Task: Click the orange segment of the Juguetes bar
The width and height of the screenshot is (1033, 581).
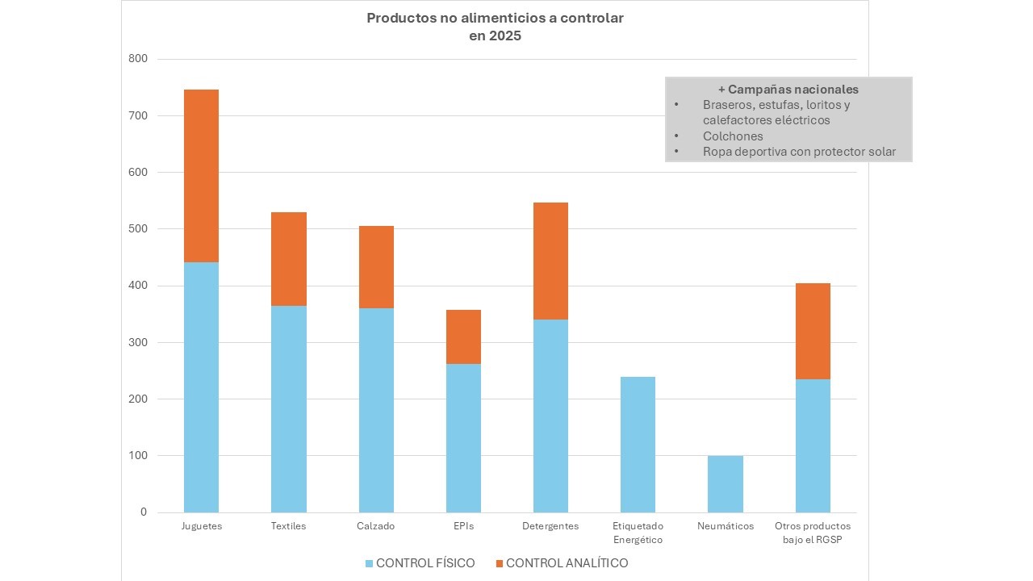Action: point(201,176)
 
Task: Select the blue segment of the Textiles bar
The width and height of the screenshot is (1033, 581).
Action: point(288,408)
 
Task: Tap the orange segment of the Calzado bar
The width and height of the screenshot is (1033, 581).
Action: point(376,267)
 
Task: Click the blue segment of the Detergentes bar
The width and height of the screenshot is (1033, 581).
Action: point(550,416)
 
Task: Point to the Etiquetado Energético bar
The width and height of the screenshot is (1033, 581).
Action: point(638,444)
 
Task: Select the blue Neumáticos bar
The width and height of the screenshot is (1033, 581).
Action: point(725,483)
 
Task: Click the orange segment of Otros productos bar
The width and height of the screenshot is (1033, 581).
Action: point(813,331)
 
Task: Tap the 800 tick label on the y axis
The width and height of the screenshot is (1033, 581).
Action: point(138,59)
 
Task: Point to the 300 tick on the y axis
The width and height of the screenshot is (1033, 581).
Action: point(138,342)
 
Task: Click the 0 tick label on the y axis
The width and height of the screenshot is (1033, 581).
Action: point(144,512)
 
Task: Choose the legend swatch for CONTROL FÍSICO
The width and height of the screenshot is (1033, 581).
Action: point(370,563)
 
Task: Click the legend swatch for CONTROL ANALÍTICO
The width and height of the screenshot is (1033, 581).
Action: point(500,563)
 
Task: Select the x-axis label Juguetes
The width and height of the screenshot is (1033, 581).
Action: point(201,526)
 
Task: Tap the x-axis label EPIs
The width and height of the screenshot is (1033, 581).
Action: point(463,526)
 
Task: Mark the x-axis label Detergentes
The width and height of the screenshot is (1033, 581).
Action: point(550,526)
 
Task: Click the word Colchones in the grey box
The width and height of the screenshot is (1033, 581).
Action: point(733,136)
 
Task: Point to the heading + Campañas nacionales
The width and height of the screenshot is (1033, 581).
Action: point(788,90)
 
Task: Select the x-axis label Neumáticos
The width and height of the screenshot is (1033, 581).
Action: point(726,526)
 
